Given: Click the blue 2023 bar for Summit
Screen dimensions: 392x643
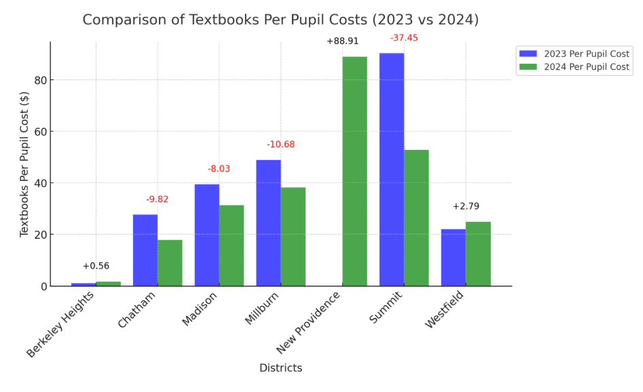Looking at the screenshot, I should tap(392, 170).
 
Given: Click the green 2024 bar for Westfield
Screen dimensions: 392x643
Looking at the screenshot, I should tap(478, 254).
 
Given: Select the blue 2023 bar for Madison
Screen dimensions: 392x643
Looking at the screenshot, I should tap(207, 235).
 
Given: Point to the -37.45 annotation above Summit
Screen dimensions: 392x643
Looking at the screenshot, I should tap(404, 38).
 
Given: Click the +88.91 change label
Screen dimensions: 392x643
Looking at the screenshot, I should tap(342, 41).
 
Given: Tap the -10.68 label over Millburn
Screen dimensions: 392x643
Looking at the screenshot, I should tap(280, 144).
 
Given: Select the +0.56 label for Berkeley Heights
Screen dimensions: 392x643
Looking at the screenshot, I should tap(96, 266).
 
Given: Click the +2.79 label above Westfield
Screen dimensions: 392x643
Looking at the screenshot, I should tap(466, 206).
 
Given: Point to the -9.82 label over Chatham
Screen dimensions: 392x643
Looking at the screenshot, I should tap(158, 199).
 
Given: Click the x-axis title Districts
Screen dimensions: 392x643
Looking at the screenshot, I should tap(280, 368).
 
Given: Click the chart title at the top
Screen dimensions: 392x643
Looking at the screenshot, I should tap(280, 20).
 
